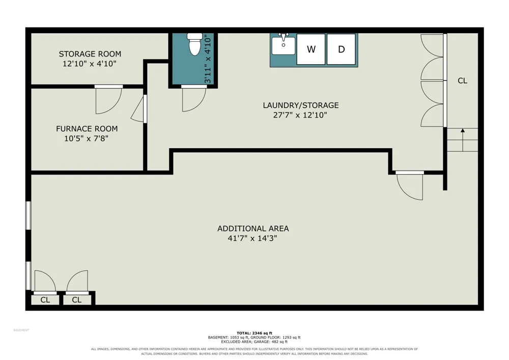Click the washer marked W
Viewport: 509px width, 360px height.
[x=311, y=49]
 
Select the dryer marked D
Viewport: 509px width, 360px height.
[x=341, y=49]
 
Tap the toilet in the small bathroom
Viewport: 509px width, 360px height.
[x=195, y=44]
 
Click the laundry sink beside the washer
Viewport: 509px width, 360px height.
[x=284, y=44]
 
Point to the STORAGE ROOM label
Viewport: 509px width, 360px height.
[x=90, y=54]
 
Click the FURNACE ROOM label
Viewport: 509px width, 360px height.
[x=87, y=128]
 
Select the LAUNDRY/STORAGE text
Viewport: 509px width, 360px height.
[x=301, y=105]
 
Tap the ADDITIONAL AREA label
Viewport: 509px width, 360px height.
[x=253, y=229]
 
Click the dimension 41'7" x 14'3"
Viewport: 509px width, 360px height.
[x=252, y=238]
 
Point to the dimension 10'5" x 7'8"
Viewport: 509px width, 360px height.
[x=86, y=139]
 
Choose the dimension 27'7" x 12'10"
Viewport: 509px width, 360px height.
[x=300, y=115]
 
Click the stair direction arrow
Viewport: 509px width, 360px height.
[x=463, y=140]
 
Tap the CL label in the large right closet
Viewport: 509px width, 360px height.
[x=462, y=80]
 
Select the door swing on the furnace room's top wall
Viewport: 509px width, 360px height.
[x=108, y=101]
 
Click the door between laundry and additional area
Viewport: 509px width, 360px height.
[x=410, y=185]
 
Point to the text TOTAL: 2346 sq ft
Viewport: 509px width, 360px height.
[x=254, y=333]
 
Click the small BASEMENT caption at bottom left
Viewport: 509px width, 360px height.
[x=21, y=330]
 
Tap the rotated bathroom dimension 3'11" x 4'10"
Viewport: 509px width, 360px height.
[x=208, y=60]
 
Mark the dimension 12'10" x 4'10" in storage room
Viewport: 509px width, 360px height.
[x=89, y=64]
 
